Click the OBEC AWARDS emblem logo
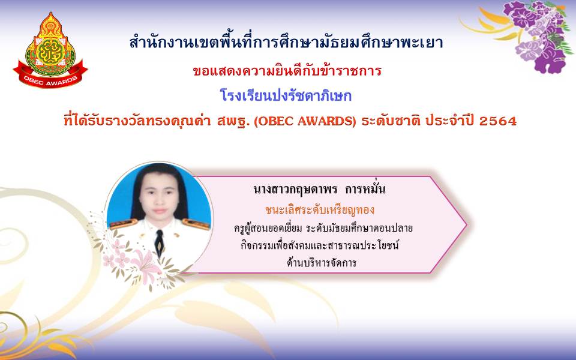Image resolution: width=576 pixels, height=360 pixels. (50, 50)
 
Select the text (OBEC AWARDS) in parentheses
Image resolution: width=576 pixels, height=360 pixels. (305, 121)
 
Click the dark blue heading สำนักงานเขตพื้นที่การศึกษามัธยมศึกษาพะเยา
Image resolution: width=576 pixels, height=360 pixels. (287, 42)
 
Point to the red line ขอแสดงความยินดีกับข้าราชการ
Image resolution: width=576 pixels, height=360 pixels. (287, 70)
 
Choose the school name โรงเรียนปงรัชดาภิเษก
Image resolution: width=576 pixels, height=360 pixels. (286, 95)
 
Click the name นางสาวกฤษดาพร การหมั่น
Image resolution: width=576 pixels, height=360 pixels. (319, 189)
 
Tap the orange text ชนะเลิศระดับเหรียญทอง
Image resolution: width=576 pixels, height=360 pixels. (320, 210)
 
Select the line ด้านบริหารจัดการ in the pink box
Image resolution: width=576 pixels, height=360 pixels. (322, 262)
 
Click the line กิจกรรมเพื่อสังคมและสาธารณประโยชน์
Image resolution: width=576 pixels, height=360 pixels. (320, 245)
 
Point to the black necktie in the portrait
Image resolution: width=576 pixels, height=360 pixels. (159, 242)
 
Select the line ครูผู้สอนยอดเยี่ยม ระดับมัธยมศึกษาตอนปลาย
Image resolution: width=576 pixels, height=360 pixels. (323, 228)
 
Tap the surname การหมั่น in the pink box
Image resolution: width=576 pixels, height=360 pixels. (365, 189)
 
